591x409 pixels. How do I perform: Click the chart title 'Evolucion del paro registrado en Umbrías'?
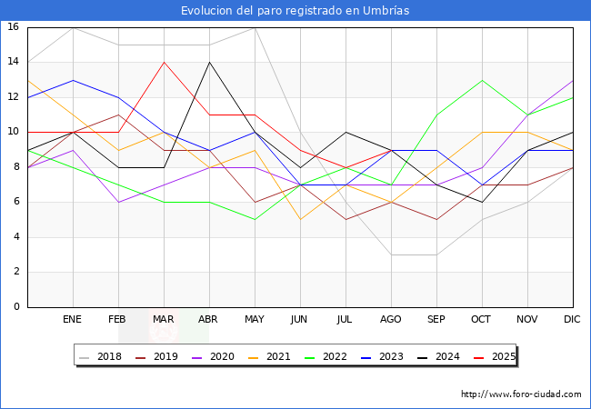tap(295, 11)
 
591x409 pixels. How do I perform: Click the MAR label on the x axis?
tap(164, 320)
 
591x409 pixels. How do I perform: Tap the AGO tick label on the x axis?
tap(391, 320)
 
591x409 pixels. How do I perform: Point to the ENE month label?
tap(73, 320)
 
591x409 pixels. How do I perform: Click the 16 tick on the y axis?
tap(14, 27)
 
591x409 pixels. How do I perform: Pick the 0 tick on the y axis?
tap(16, 307)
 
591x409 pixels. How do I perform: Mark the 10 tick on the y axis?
tap(14, 132)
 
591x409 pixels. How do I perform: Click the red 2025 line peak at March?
tap(164, 62)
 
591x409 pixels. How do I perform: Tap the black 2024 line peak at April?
tap(209, 62)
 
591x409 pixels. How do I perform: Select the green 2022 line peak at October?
tap(482, 80)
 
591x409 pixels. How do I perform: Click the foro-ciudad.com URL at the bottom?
tap(521, 394)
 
